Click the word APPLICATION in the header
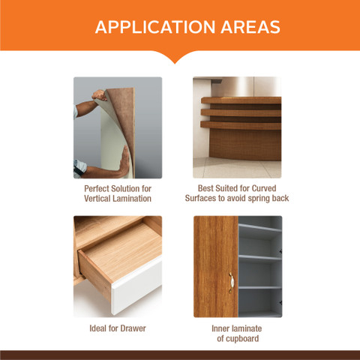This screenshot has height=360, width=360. pyautogui.click(x=155, y=27)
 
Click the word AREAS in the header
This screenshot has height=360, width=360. pyautogui.click(x=250, y=27)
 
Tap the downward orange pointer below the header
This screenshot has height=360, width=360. pyautogui.click(x=175, y=57)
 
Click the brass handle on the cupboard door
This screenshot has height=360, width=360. pyautogui.click(x=231, y=283)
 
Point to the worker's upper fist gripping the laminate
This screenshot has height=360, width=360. pyautogui.click(x=100, y=95)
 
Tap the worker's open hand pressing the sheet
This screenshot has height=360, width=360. pyautogui.click(x=124, y=161)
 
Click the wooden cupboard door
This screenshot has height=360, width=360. pyautogui.click(x=216, y=267)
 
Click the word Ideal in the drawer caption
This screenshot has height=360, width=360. pyautogui.click(x=98, y=328)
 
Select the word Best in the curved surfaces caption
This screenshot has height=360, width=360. pyautogui.click(x=205, y=188)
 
